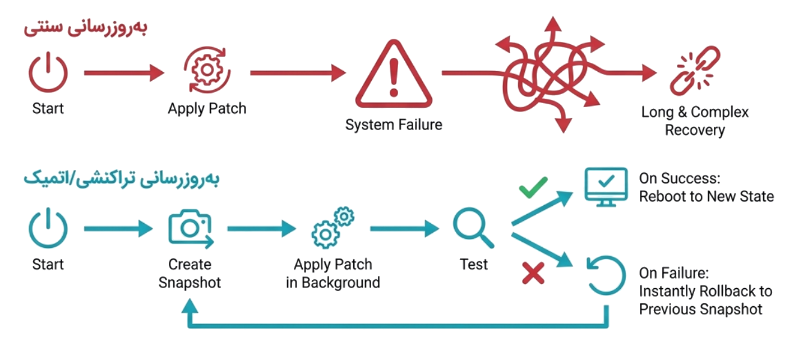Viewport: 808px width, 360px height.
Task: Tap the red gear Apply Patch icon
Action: [207, 70]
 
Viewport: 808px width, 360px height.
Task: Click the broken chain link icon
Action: [695, 71]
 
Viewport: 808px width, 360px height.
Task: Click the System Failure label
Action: [394, 125]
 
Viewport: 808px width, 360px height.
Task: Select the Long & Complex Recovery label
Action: [695, 121]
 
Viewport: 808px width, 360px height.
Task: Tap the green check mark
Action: [533, 188]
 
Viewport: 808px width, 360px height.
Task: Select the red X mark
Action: [533, 273]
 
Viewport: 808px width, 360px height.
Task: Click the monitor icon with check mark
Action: [606, 186]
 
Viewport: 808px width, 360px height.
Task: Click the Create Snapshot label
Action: [190, 274]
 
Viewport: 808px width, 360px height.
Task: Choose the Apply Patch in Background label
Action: [333, 274]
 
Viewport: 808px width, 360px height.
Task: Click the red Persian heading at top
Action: [86, 28]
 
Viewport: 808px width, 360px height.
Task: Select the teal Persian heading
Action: [122, 178]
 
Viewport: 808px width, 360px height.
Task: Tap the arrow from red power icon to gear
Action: [124, 73]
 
